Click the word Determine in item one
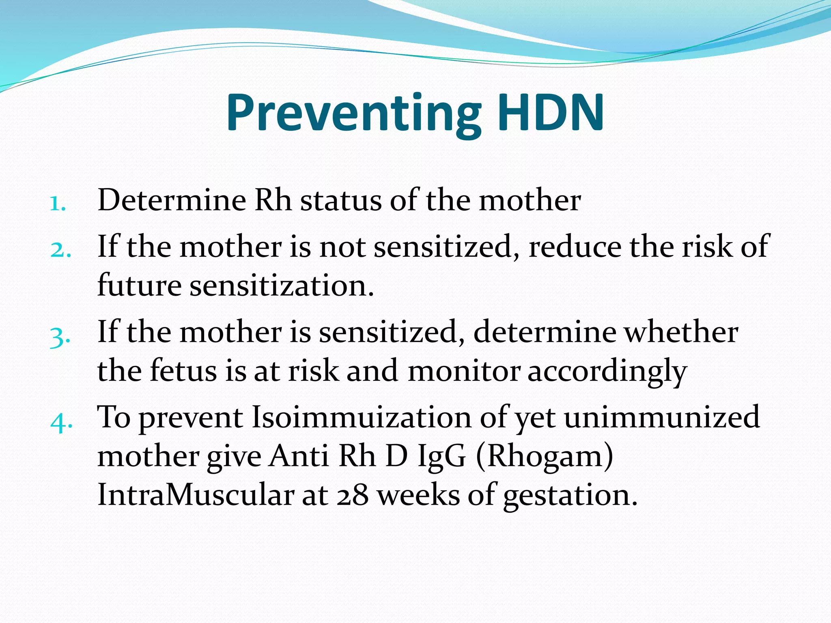click(x=172, y=200)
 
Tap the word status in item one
click(x=340, y=200)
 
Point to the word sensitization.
click(x=282, y=285)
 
